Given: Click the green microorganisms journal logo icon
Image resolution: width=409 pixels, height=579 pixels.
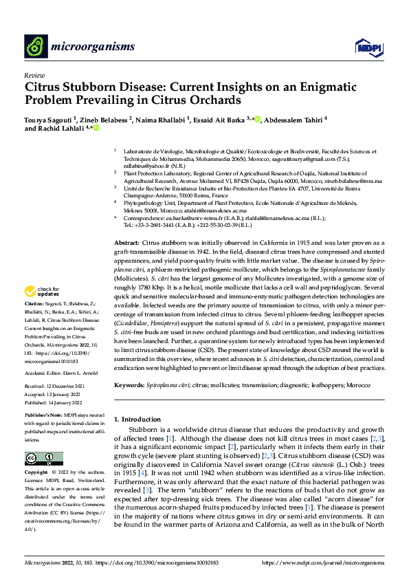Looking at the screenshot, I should coord(35,46).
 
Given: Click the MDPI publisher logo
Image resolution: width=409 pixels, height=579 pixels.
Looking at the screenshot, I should coord(365,46).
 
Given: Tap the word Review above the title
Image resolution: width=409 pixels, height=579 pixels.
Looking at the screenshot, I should coord(34,75).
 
